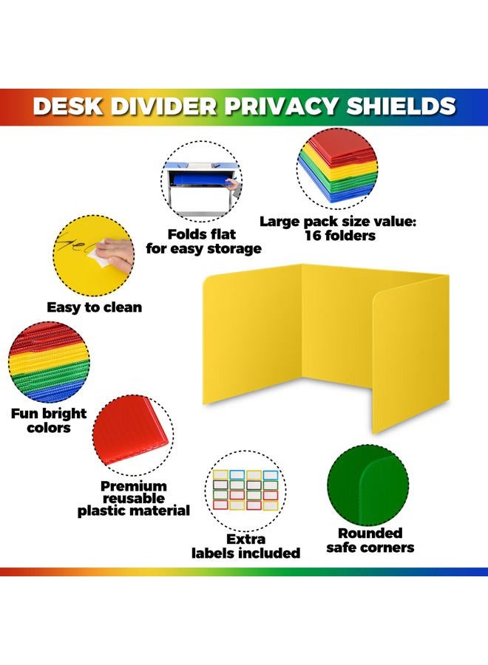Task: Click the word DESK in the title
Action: point(68,106)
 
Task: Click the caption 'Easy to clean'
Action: point(95,307)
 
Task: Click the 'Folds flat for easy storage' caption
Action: point(203,242)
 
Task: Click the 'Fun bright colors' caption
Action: point(49,420)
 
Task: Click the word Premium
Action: point(134,486)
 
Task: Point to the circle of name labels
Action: point(245,488)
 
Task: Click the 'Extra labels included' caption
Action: point(246,546)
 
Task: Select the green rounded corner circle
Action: point(367,484)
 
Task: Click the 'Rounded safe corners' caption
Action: point(370,540)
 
